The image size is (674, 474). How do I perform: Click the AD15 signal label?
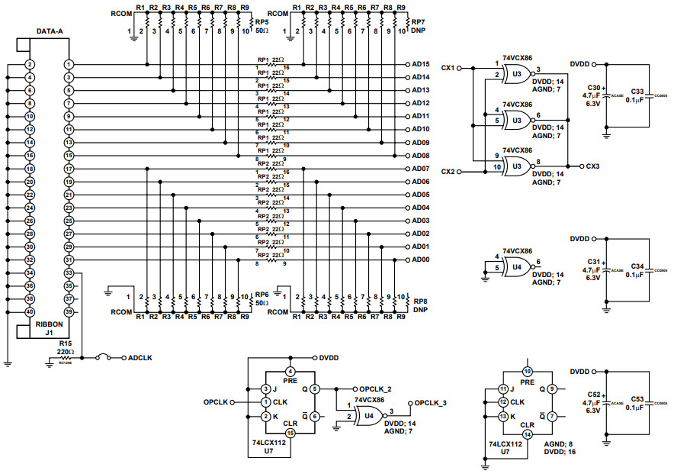click(421, 64)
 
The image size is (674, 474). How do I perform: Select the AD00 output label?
click(421, 260)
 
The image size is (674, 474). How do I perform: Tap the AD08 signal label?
click(421, 156)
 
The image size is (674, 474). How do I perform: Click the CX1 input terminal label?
click(448, 68)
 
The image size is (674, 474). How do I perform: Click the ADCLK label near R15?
click(140, 357)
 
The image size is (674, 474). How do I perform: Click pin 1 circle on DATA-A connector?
click(69, 65)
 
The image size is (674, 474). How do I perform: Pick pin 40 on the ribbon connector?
click(29, 311)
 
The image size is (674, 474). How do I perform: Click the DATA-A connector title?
click(50, 32)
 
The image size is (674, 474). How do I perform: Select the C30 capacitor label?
click(595, 88)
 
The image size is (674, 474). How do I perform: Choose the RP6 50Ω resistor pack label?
click(262, 298)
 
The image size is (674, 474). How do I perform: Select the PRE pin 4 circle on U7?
click(290, 372)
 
